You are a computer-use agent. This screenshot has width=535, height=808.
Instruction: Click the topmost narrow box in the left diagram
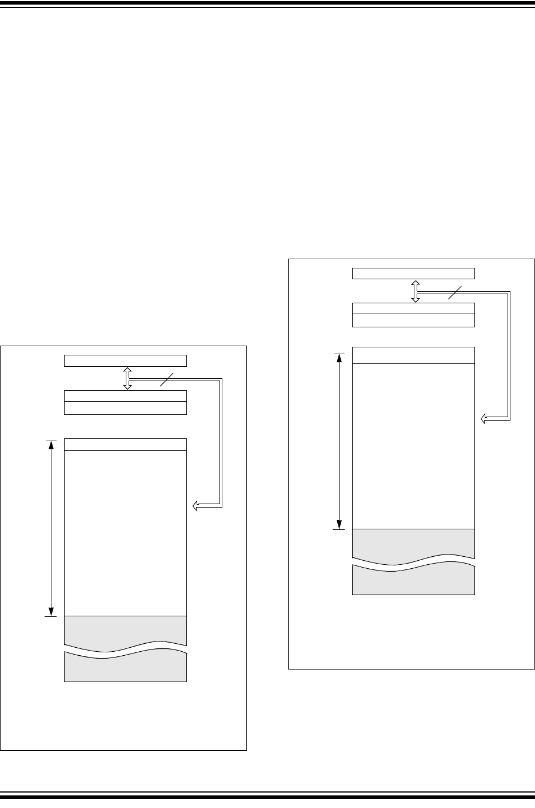coord(125,360)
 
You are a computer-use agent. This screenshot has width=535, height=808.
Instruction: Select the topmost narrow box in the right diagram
coord(413,273)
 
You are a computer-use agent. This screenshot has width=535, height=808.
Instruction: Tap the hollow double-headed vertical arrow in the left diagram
coord(127,378)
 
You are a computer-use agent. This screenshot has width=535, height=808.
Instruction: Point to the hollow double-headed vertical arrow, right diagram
coord(416,291)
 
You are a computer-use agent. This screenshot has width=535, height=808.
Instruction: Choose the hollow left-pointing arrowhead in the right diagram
coord(484,419)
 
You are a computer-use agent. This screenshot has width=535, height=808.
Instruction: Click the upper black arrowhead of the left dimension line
coord(51,445)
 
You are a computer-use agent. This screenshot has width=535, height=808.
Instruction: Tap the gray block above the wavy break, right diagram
coord(413,543)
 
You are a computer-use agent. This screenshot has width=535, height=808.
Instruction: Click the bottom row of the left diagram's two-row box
coord(125,407)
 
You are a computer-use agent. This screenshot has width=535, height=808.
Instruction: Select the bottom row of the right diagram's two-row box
coord(413,320)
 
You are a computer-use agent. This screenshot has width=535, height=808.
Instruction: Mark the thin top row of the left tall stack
coord(125,444)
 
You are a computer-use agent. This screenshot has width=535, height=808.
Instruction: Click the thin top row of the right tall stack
coord(413,355)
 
